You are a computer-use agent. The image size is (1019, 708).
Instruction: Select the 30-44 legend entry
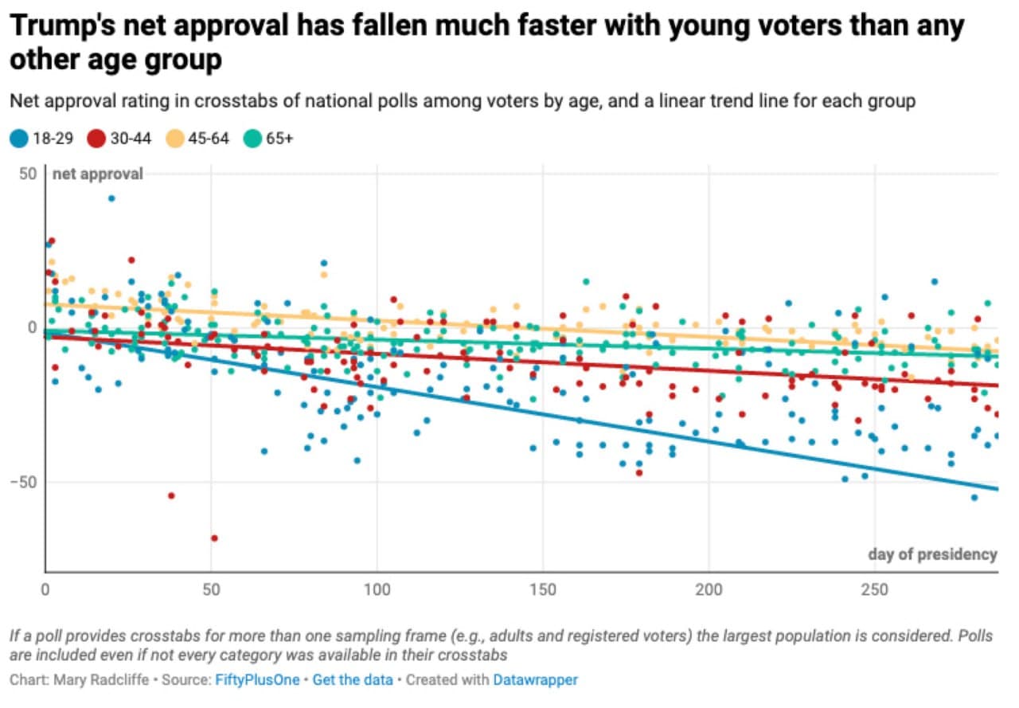click(x=118, y=139)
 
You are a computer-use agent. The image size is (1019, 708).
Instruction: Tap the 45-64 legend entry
click(x=197, y=139)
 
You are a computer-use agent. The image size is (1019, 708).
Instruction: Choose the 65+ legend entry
click(x=270, y=139)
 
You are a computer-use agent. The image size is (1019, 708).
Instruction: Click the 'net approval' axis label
click(x=97, y=174)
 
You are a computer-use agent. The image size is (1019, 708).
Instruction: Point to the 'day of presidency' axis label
click(x=932, y=554)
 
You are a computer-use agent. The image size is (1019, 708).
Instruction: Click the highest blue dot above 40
click(x=111, y=198)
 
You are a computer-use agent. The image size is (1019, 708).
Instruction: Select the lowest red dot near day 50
click(x=213, y=538)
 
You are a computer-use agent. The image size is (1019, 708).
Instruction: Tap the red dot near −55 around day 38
click(x=171, y=495)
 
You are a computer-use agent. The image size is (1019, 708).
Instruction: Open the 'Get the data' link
click(x=352, y=680)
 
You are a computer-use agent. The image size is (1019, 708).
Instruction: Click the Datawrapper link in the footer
click(x=535, y=680)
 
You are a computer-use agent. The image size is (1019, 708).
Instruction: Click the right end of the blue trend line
click(x=996, y=489)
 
